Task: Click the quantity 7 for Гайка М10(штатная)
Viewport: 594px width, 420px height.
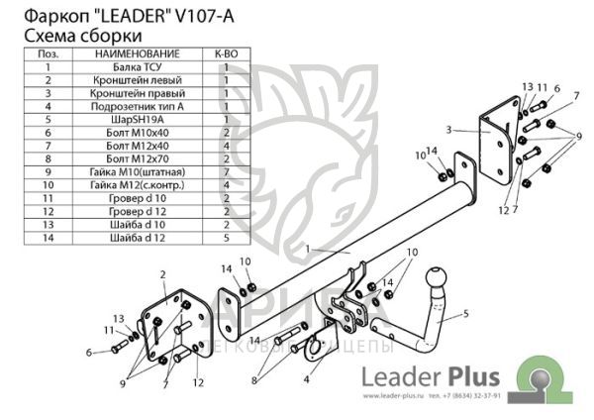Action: [x=226, y=169]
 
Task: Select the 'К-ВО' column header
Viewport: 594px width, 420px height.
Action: [x=226, y=52]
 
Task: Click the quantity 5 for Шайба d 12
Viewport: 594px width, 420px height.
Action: [x=226, y=236]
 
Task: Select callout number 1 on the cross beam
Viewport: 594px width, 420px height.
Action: [x=308, y=249]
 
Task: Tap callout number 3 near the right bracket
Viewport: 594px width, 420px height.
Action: [x=448, y=129]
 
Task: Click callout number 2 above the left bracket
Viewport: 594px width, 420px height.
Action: [x=161, y=272]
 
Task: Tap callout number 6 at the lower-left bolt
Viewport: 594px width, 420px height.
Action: [x=88, y=352]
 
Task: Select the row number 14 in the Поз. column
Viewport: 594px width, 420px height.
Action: [x=47, y=236]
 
